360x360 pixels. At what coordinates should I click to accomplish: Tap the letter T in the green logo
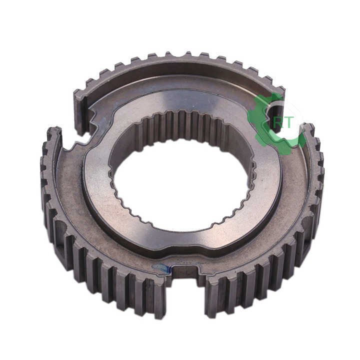(x=289, y=123)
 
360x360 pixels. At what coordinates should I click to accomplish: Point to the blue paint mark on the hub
(x=164, y=269)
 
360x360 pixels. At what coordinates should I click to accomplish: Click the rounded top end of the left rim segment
(x=53, y=133)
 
